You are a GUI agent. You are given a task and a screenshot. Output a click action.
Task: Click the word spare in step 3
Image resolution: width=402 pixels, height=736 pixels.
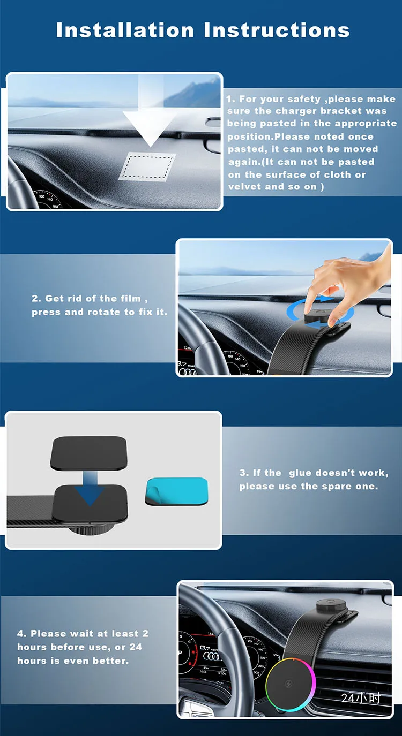(339, 487)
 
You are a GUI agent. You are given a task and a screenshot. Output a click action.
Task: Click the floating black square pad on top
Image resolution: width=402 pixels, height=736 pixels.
(88, 452)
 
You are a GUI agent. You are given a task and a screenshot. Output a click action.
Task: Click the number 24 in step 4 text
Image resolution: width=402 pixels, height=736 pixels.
(136, 647)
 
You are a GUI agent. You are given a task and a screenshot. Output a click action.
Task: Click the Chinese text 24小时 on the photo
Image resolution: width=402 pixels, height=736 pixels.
(361, 698)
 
